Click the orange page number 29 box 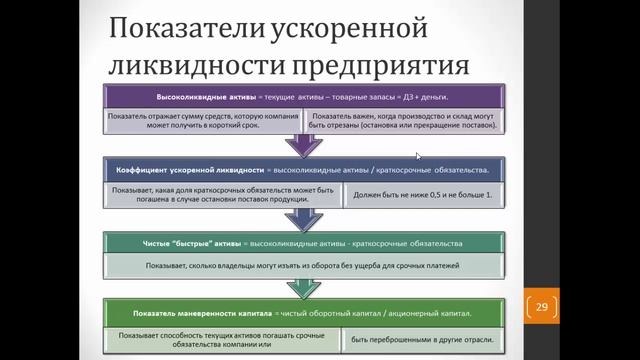pos(542,306)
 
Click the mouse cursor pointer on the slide pos(418,155)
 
